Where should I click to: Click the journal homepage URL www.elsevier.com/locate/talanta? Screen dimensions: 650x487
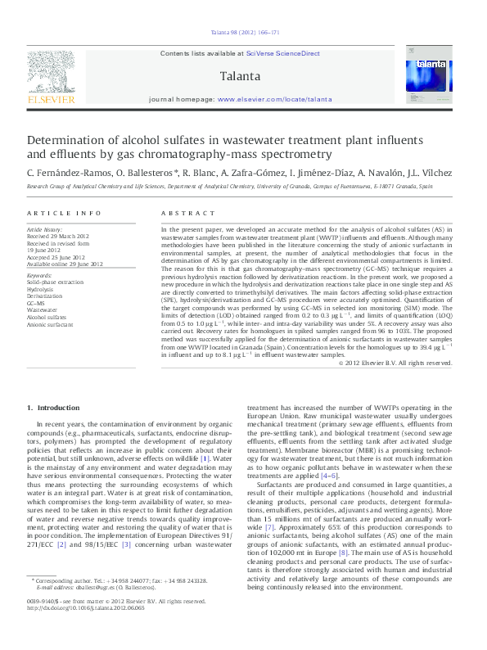(273, 98)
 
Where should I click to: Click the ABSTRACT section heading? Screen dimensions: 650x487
(180, 213)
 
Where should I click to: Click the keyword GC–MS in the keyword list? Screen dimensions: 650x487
(37, 304)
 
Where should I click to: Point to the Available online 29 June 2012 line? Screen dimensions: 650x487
(65, 264)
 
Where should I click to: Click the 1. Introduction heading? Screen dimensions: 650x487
(53, 408)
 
